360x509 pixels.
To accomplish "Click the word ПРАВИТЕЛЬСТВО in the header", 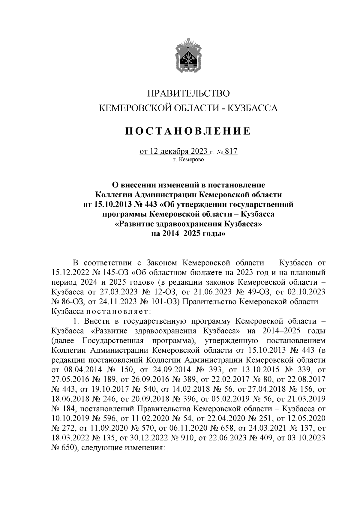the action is [188, 93].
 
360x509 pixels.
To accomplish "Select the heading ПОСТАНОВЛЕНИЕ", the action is [188, 131].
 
